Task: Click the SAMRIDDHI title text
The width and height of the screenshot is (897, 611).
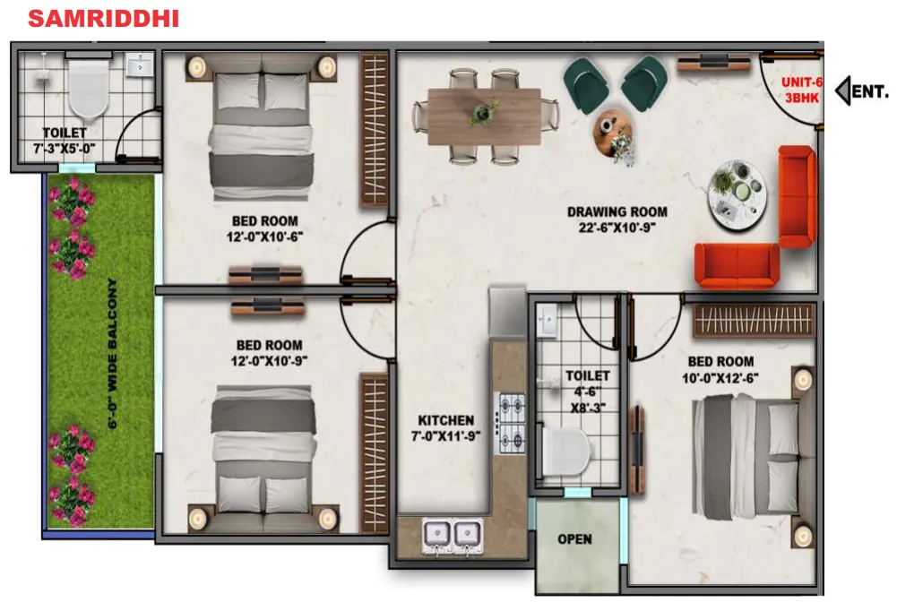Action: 104,18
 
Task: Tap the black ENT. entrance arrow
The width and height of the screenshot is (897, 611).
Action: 842,91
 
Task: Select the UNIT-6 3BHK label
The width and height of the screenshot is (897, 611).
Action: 802,90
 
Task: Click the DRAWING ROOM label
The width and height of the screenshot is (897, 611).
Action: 617,211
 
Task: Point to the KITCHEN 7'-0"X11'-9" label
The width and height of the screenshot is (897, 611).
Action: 445,428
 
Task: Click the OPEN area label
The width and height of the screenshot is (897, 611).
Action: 575,539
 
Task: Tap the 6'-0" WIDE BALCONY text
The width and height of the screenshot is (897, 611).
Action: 112,354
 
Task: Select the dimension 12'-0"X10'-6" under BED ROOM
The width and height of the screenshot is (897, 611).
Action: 265,237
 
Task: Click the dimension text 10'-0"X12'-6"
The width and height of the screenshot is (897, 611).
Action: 720,378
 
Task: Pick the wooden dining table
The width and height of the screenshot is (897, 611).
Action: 484,116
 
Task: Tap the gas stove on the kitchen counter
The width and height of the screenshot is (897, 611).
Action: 512,424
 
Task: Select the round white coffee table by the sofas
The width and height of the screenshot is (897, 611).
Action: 737,194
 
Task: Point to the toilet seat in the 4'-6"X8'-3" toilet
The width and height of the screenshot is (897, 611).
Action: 565,452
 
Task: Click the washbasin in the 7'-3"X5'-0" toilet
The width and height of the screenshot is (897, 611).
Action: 140,65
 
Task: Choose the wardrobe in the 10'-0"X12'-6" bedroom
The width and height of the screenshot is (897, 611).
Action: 754,321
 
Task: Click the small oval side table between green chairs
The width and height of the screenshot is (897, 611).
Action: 614,133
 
